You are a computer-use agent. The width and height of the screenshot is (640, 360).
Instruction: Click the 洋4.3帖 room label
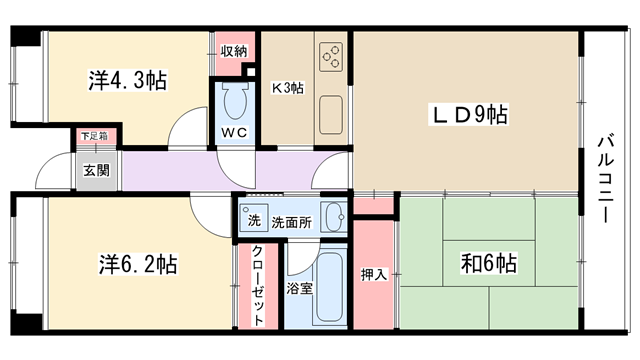[x=128, y=80]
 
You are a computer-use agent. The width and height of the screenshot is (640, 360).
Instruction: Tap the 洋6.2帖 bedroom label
[x=138, y=264]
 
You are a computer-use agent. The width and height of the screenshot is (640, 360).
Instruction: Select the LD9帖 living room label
[x=468, y=114]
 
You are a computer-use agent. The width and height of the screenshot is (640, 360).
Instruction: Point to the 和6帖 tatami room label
[x=489, y=263]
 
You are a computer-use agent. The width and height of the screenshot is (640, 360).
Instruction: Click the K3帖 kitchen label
[x=288, y=88]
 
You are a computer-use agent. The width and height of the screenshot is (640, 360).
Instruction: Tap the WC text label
[x=234, y=132]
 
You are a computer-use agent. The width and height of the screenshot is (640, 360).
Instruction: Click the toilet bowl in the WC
[x=235, y=100]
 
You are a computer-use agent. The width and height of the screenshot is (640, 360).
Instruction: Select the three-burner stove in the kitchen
[x=331, y=57]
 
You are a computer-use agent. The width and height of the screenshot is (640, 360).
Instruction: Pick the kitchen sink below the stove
[x=331, y=115]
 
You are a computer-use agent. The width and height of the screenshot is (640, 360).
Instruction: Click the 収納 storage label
[x=234, y=51]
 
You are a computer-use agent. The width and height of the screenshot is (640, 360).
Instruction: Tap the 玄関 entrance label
[x=97, y=170]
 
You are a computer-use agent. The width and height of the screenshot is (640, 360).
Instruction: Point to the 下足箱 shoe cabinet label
[x=94, y=136]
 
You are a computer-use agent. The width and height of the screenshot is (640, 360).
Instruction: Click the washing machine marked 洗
[x=254, y=218]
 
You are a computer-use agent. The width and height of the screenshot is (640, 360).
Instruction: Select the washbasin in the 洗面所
[x=333, y=217]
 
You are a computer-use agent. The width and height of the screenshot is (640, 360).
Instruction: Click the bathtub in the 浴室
[x=329, y=288]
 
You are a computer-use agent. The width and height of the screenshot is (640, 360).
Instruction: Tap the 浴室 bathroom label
[x=299, y=289]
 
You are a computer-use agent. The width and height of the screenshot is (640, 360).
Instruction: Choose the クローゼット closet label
[x=258, y=285]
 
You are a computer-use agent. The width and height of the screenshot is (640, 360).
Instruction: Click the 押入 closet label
[x=373, y=275]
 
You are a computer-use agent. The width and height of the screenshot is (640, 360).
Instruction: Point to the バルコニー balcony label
[x=606, y=179]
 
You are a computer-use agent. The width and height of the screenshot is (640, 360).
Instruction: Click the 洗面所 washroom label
[x=292, y=222]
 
